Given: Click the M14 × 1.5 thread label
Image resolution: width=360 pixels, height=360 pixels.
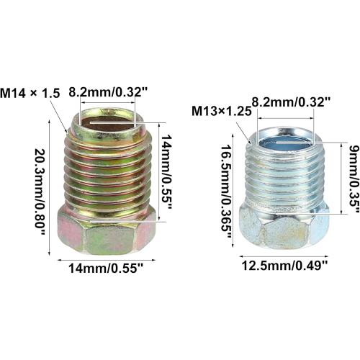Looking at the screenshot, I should coord(30,93).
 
